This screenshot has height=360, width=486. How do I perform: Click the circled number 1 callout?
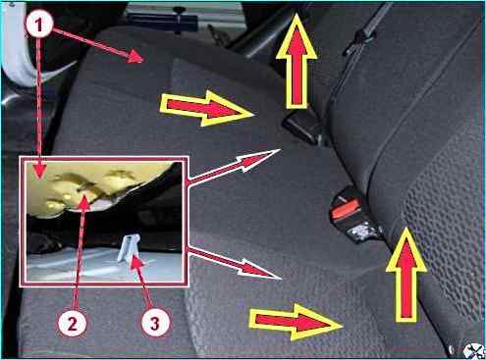(x=39, y=24)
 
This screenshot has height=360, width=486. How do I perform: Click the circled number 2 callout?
(x=72, y=323)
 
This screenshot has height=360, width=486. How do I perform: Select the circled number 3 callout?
(x=155, y=323)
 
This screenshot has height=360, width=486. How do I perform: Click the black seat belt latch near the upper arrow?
(x=301, y=129)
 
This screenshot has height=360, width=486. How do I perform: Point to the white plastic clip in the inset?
(x=130, y=248)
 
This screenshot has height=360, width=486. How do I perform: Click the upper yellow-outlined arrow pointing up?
(x=297, y=61)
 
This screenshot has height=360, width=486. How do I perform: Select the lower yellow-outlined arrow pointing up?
(x=406, y=275)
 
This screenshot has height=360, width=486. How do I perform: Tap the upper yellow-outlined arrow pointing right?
(x=207, y=108)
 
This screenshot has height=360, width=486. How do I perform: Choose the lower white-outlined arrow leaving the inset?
(x=235, y=264)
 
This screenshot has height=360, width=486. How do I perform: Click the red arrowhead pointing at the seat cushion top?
(x=135, y=57)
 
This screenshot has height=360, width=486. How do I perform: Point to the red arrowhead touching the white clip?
(x=136, y=263)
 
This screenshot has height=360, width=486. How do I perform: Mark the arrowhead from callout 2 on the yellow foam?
(x=84, y=202)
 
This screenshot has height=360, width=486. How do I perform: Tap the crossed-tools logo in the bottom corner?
(x=474, y=350)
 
